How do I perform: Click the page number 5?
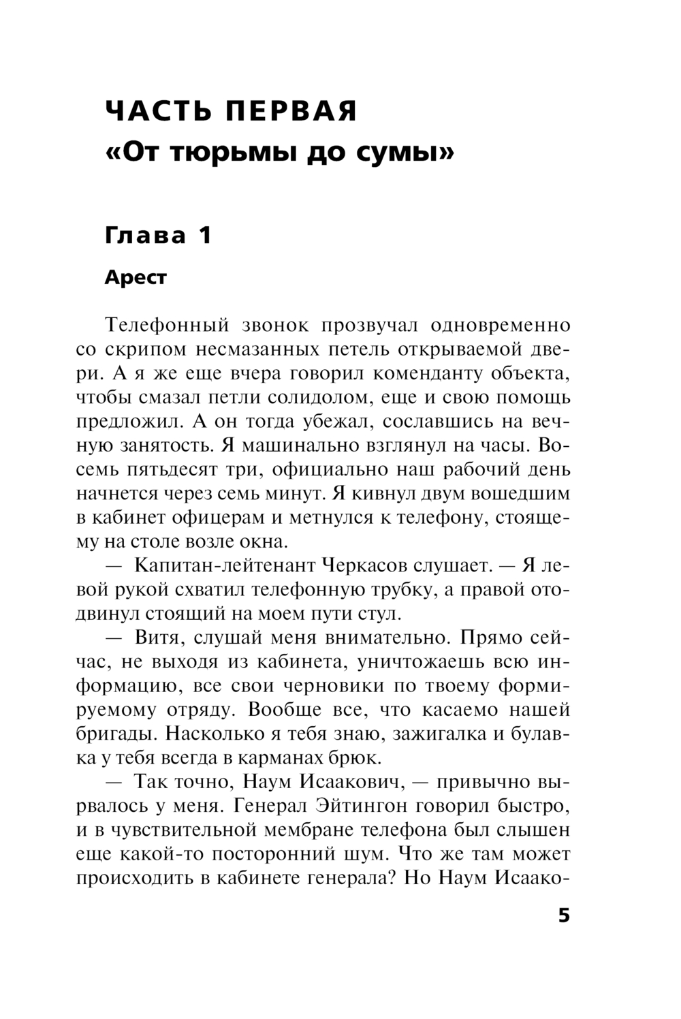coord(563,915)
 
